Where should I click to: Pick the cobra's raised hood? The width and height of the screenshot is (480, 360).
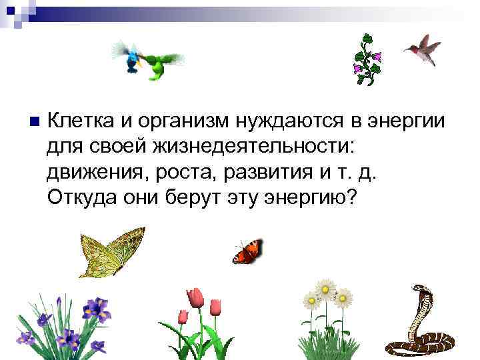pyautogui.click(x=423, y=297)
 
